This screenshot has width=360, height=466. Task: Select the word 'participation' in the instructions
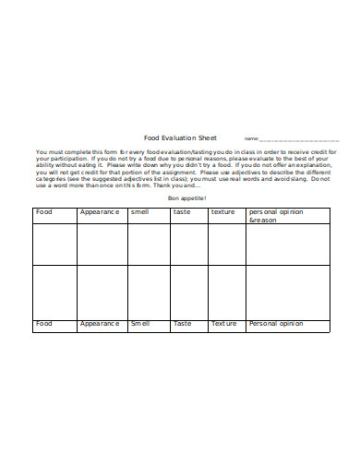click(x=64, y=158)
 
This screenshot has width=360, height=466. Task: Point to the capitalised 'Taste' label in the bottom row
click(x=183, y=324)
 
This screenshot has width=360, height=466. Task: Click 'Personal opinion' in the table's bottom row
click(x=276, y=324)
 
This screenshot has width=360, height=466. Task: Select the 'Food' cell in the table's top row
click(x=44, y=212)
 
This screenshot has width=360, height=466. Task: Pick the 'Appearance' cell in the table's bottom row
click(x=100, y=324)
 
